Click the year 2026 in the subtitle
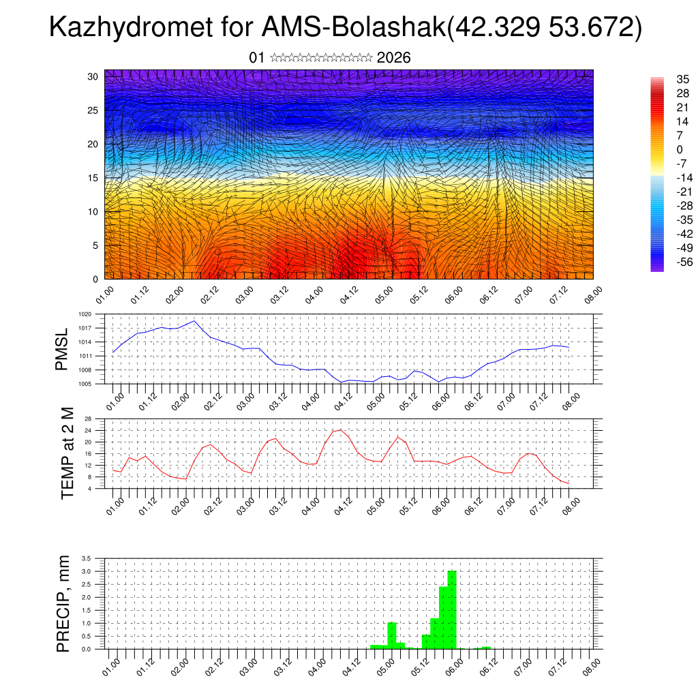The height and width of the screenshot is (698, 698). point(393,58)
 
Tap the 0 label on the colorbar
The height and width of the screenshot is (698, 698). point(679,149)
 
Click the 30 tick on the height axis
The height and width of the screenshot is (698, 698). point(93,76)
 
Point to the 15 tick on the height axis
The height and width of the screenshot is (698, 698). point(93,178)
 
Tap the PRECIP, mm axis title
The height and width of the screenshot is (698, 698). point(63,603)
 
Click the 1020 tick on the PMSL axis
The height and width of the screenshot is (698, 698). point(85,314)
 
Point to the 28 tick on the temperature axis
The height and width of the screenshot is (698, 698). point(89,419)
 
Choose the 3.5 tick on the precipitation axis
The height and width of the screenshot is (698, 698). point(87,558)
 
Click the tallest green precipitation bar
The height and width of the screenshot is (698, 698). point(451,610)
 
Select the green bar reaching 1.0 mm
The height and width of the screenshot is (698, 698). point(392,635)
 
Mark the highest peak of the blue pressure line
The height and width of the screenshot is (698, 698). point(194,321)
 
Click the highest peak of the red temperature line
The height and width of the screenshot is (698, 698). point(340,429)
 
